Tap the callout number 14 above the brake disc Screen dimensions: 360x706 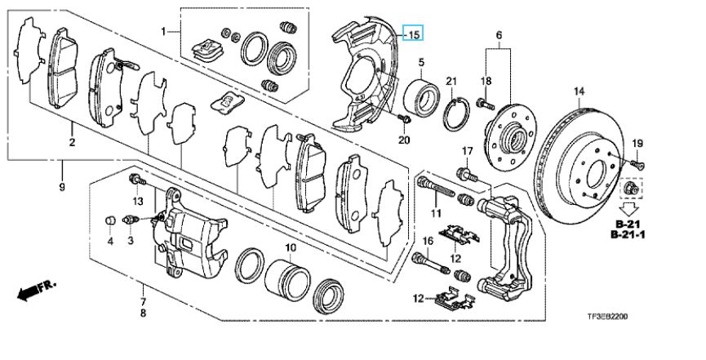[579, 91]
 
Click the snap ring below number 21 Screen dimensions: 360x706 [456, 113]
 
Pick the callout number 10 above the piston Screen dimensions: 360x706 [291, 247]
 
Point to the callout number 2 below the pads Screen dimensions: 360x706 [72, 144]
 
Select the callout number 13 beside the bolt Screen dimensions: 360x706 [139, 201]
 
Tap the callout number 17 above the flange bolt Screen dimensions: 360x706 [468, 151]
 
